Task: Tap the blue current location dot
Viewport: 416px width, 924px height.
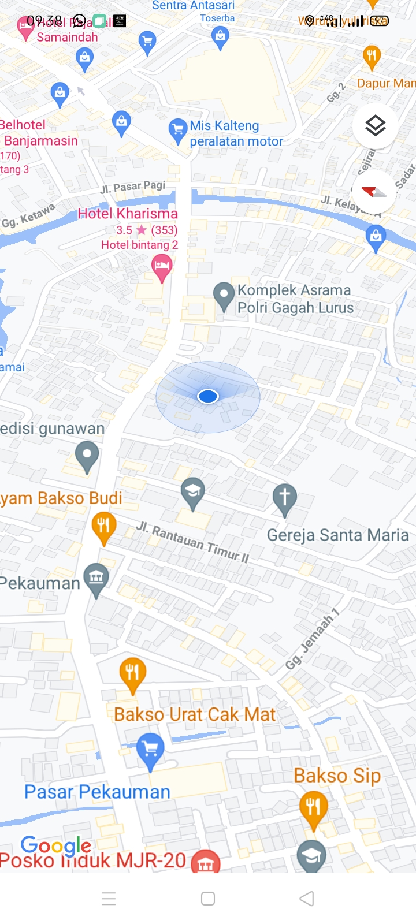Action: click(208, 396)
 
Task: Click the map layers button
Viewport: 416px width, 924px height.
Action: click(375, 125)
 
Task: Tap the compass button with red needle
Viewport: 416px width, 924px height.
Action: click(374, 192)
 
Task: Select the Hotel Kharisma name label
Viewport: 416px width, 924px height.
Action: click(128, 214)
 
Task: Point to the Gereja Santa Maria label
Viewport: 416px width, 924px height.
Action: click(337, 535)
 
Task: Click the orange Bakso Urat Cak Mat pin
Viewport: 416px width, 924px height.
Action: click(132, 673)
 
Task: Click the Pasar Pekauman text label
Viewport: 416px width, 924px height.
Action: click(97, 792)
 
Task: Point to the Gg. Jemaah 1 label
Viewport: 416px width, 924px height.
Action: click(313, 639)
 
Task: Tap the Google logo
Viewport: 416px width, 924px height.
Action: click(55, 846)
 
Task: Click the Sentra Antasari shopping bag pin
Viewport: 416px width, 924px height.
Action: click(220, 38)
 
